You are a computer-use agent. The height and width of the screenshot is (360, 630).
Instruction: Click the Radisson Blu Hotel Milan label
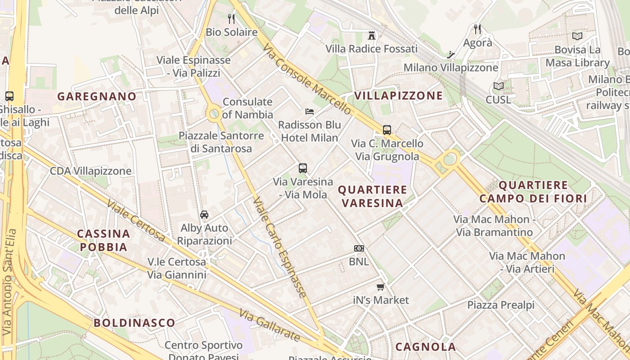[x=310, y=131]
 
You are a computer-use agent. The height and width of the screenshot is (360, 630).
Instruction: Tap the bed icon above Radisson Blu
[x=310, y=111]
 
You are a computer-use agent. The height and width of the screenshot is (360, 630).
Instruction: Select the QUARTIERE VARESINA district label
[x=372, y=196]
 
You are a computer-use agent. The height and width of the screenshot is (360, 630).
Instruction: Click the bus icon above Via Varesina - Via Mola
[x=303, y=168]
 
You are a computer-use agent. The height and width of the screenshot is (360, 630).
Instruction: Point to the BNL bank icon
[x=359, y=248]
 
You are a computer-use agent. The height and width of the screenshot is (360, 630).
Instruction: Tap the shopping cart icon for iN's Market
[x=381, y=287]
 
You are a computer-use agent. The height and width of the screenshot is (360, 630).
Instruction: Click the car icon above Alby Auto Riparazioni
[x=204, y=214]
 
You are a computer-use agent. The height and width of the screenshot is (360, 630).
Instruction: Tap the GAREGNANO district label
[x=97, y=96]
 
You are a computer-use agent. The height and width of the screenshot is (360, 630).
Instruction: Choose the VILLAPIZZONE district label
[x=399, y=95]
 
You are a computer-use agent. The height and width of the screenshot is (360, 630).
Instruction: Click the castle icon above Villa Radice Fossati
[x=372, y=35]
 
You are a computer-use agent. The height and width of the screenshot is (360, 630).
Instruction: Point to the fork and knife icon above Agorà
[x=477, y=29]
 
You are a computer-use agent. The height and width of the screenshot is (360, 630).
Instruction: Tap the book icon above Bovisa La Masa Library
[x=577, y=36]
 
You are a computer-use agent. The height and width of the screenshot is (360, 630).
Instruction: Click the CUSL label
[x=499, y=99]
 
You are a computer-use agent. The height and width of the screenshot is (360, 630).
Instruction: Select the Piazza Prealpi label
[x=501, y=305]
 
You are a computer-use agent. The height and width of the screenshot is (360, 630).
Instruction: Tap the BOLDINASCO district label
[x=134, y=323]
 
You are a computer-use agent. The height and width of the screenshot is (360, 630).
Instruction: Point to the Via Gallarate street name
[x=269, y=325]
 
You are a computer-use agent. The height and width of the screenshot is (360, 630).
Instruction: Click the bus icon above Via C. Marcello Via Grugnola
[x=387, y=130]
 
